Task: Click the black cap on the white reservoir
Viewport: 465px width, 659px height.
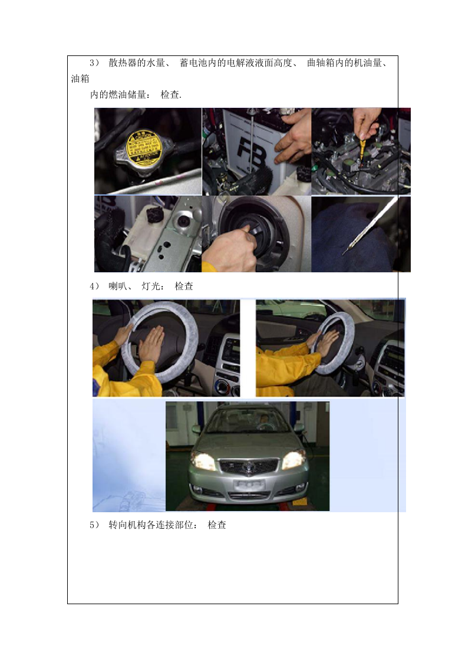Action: click(x=155, y=213)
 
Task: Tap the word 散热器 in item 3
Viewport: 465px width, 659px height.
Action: click(x=122, y=63)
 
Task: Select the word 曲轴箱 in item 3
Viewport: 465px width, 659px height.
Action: click(x=321, y=63)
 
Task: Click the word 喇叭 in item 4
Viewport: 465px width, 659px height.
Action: click(x=118, y=286)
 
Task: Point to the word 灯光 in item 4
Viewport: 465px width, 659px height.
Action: click(x=151, y=286)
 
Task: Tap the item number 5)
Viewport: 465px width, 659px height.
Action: click(x=94, y=525)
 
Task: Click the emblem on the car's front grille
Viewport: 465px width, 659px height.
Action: click(x=248, y=465)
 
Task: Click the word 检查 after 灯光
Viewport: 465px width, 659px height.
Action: click(x=184, y=286)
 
